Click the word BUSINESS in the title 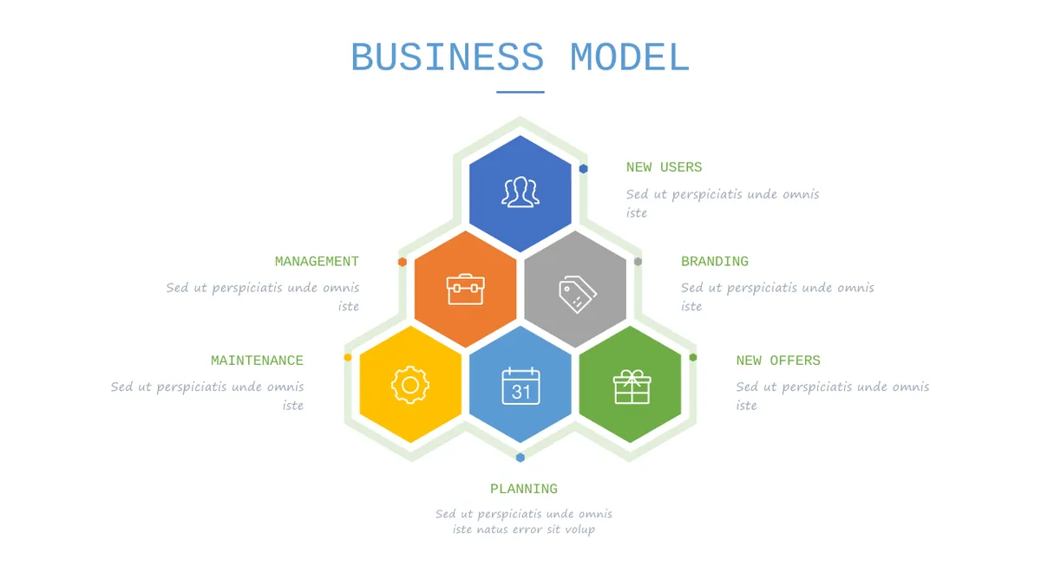click(447, 57)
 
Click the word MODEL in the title click(630, 57)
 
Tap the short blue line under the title click(520, 92)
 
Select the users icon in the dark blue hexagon click(520, 192)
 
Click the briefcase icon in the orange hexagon click(465, 289)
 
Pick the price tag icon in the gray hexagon click(577, 295)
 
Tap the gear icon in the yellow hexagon click(409, 385)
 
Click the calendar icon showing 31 click(520, 387)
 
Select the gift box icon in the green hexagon click(632, 387)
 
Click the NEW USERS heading click(664, 167)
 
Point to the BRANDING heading click(715, 262)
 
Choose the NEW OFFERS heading click(778, 361)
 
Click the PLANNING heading click(524, 489)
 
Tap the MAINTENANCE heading click(257, 361)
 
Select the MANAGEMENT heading click(317, 262)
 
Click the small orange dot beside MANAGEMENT click(403, 262)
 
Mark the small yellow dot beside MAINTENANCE click(348, 357)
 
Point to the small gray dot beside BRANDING click(638, 262)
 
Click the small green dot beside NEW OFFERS click(693, 357)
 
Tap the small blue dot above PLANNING click(520, 458)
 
